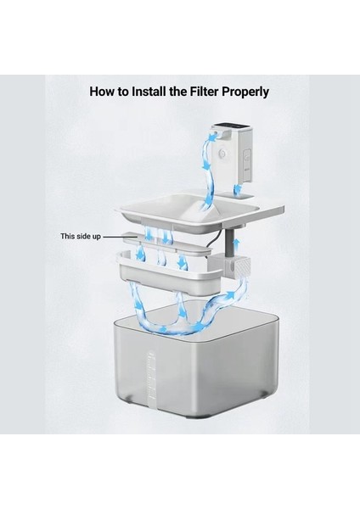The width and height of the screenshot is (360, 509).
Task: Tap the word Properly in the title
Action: (245, 92)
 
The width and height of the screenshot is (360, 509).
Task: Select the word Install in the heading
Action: (149, 92)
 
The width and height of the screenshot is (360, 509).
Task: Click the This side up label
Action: (81, 237)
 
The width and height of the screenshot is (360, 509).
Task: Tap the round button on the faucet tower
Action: (222, 152)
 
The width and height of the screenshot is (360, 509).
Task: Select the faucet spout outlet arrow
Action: (212, 138)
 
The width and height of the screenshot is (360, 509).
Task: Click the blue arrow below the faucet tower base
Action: (238, 188)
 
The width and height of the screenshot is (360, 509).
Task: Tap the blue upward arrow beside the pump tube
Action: (237, 243)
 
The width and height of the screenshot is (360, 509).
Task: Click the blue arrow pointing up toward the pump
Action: (230, 295)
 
